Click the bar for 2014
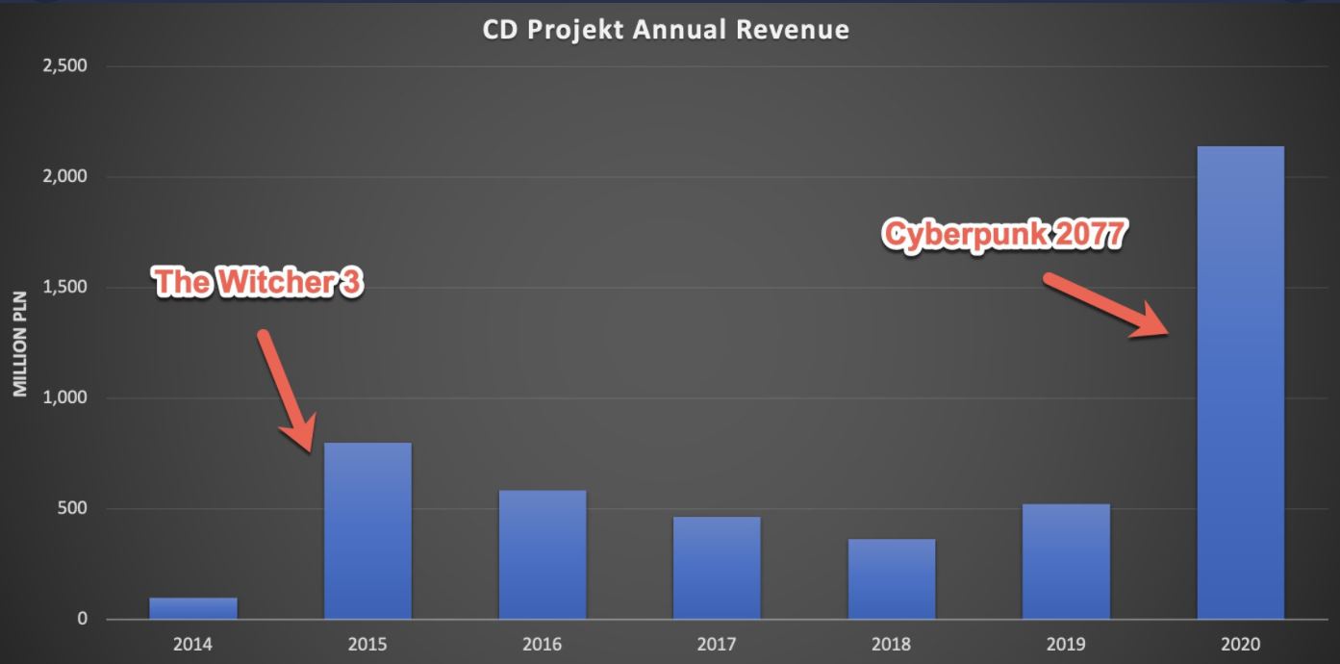[x=193, y=608]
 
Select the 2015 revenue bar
[x=367, y=530]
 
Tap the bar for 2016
[x=543, y=554]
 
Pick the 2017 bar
[x=717, y=568]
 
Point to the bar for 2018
[x=892, y=578]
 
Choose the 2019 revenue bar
[x=1066, y=561]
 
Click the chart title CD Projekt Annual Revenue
[x=666, y=30]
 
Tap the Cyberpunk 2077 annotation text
[x=1004, y=236]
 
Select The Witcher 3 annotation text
[x=259, y=283]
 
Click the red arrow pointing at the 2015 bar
[x=286, y=389]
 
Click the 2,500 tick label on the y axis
[x=64, y=66]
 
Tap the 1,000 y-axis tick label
[x=64, y=398]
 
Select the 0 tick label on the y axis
[x=82, y=620]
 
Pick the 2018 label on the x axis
[x=891, y=644]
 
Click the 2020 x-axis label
[x=1240, y=644]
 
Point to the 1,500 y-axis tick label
[x=64, y=288]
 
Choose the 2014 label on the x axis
[x=192, y=644]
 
